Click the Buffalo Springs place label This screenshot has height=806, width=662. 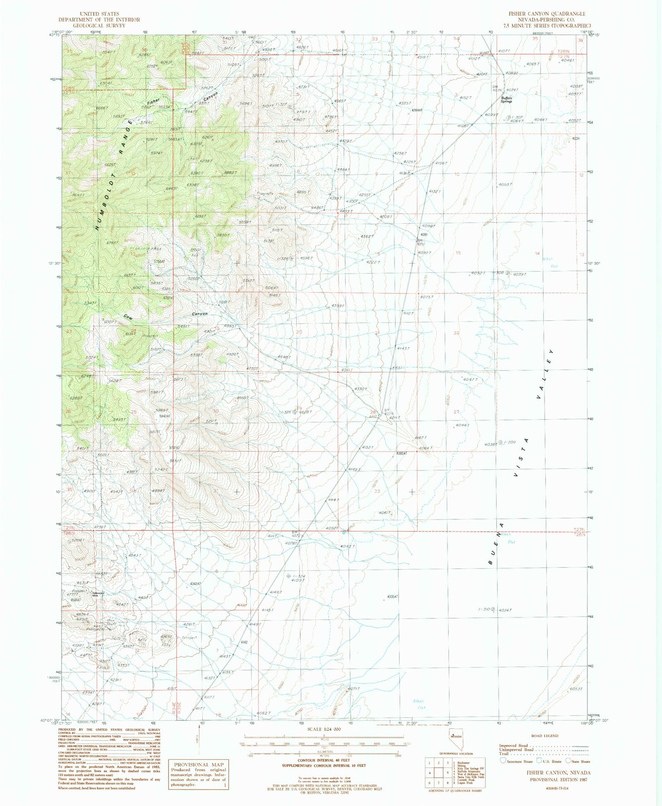pyautogui.click(x=506, y=100)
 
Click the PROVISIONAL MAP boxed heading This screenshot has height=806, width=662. pyautogui.click(x=199, y=764)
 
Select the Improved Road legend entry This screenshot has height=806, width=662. pyautogui.click(x=518, y=745)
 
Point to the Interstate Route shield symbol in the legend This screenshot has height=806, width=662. pyautogui.click(x=503, y=761)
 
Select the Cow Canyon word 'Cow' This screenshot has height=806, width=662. pyautogui.click(x=128, y=317)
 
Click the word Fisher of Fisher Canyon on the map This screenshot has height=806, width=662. pyautogui.click(x=153, y=102)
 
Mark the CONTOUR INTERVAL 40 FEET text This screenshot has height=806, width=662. pyautogui.click(x=323, y=772)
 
